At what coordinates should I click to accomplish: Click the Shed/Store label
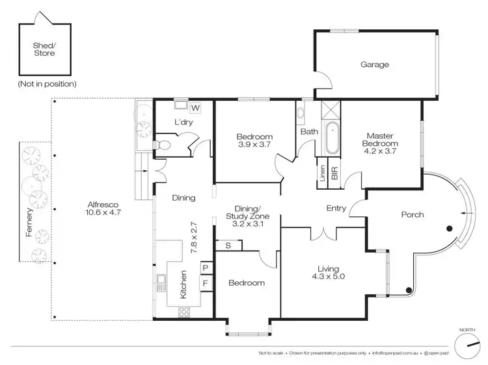[44, 49]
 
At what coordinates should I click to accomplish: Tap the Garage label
[375, 64]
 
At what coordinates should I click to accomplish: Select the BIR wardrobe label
[334, 173]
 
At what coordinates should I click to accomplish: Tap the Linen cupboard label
[322, 173]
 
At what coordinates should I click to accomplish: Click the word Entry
[335, 208]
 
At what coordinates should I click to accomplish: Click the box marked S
[228, 245]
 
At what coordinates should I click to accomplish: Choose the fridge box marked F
[204, 283]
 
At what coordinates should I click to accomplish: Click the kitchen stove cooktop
[183, 311]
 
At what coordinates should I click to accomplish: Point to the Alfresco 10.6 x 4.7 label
[104, 208]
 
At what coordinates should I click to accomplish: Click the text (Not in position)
[47, 84]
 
